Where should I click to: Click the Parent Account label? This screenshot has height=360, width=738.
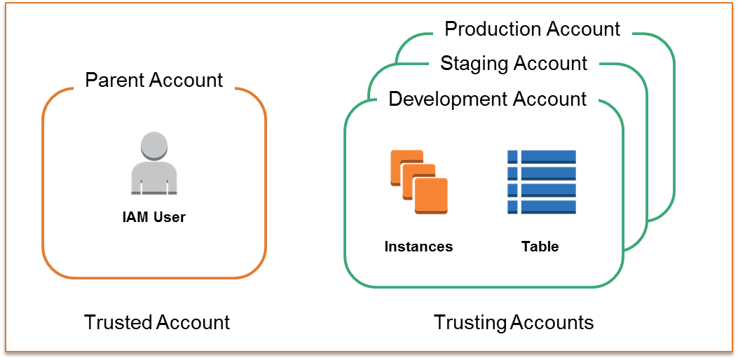click(x=153, y=80)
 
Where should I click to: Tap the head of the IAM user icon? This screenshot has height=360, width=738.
click(x=154, y=146)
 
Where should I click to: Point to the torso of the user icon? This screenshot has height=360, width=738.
click(x=154, y=178)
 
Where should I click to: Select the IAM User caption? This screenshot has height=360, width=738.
click(x=153, y=217)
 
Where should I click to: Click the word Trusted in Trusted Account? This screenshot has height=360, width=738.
click(x=118, y=322)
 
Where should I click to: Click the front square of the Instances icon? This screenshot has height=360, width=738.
click(x=430, y=195)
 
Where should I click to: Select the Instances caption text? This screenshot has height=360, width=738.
click(x=418, y=247)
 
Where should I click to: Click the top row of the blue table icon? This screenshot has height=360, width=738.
click(x=541, y=156)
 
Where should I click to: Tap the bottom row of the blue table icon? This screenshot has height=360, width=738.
click(x=541, y=207)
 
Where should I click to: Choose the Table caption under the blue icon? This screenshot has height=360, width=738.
click(x=540, y=247)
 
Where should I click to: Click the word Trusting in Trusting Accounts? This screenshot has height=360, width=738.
click(x=470, y=322)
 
